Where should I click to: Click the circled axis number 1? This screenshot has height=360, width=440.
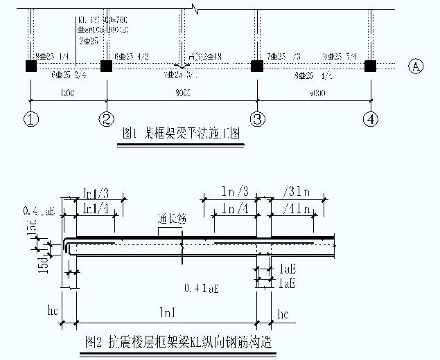pyautogui.click(x=30, y=119)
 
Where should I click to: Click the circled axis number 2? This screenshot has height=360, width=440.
pyautogui.click(x=106, y=119)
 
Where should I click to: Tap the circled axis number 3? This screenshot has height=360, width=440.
pyautogui.click(x=257, y=119)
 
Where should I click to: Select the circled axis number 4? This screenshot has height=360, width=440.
pyautogui.click(x=371, y=119)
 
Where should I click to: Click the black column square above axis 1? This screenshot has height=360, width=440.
pyautogui.click(x=30, y=66)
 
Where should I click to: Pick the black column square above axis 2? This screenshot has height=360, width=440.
pyautogui.click(x=106, y=66)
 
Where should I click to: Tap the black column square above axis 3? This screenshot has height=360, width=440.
pyautogui.click(x=257, y=66)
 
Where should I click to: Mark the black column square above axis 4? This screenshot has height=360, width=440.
pyautogui.click(x=370, y=66)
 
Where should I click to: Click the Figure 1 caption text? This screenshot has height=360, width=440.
pyautogui.click(x=181, y=134)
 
